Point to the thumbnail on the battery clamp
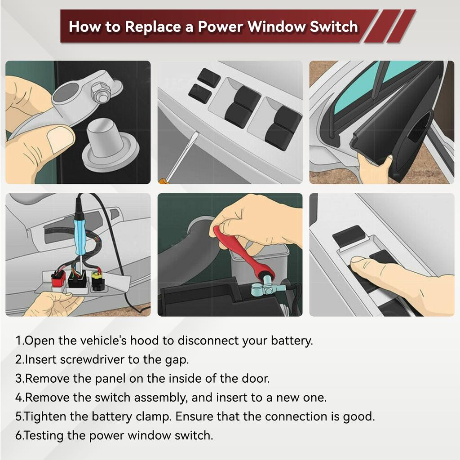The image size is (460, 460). [x=60, y=139]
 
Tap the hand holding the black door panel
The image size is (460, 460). [x=375, y=168]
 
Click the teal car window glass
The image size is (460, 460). [x=359, y=90]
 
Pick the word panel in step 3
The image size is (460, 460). [x=111, y=378]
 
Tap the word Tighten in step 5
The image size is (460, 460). [x=45, y=416]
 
